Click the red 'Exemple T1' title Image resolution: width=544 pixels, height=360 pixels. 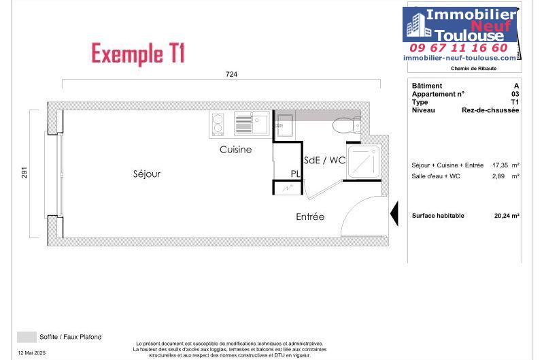tap(138, 54)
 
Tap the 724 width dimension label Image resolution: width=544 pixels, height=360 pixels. tap(231, 74)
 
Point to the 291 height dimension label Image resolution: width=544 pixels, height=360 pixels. tap(24, 173)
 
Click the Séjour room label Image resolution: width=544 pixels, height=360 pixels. tap(147, 174)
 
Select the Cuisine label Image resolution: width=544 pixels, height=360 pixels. tap(235, 150)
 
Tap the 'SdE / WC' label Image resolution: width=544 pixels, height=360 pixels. tap(325, 160)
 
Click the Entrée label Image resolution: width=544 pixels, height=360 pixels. tap(310, 216)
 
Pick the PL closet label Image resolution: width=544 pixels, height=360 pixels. tap(296, 174)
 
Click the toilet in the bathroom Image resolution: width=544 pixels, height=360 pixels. tap(347, 125)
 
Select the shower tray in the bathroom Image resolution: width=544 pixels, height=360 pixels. tap(363, 162)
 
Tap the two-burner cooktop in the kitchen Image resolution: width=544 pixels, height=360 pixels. tap(218, 125)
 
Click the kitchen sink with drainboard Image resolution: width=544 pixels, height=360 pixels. tap(252, 124)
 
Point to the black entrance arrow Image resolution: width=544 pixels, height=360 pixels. tap(394, 213)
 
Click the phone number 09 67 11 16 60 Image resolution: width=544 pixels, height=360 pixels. tap(458, 48)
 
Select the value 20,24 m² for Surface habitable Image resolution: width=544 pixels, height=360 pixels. tap(507, 216)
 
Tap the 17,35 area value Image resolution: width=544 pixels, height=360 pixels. tap(500, 165)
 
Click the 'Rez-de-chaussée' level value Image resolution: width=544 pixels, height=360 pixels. tap(490, 110)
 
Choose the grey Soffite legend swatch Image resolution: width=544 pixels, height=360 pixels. tap(27, 337)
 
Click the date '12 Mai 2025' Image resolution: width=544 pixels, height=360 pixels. tap(31, 353)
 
